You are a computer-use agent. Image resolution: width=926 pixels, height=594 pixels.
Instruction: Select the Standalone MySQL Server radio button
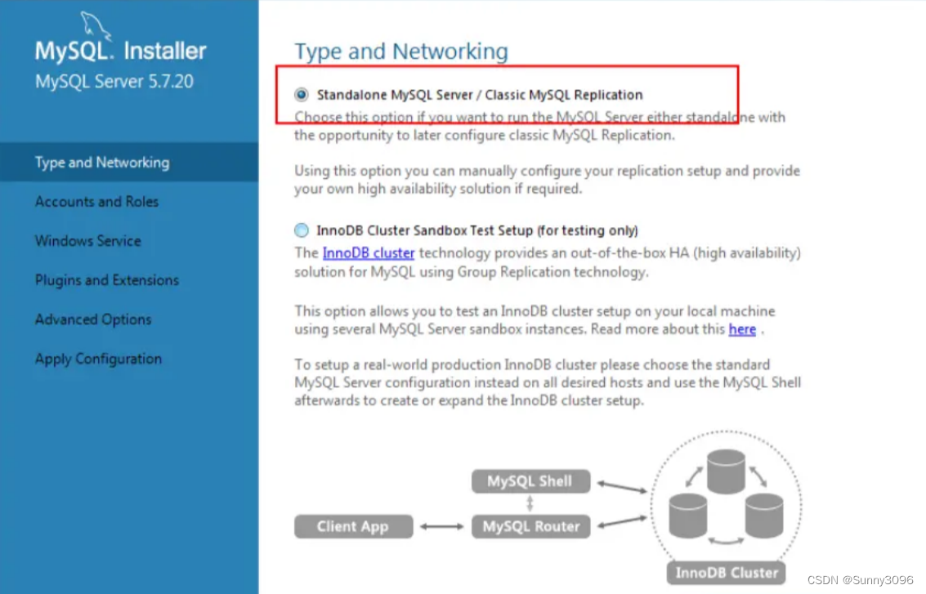click(x=302, y=95)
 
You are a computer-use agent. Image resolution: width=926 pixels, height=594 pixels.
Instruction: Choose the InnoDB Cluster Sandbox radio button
click(x=302, y=230)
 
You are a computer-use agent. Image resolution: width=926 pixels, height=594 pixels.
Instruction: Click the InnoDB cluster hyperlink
click(x=369, y=252)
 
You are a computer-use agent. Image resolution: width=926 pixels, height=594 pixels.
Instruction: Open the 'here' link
click(x=742, y=329)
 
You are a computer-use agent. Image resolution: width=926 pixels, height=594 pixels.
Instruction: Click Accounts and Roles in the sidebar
click(x=97, y=201)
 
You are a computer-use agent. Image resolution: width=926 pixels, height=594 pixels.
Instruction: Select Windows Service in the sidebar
click(x=88, y=241)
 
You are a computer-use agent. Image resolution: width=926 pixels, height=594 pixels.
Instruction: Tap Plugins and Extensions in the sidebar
click(x=107, y=280)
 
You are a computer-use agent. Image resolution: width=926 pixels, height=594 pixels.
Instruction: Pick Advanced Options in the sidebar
click(x=93, y=319)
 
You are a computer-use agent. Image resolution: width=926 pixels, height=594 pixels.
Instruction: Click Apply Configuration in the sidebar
click(x=98, y=359)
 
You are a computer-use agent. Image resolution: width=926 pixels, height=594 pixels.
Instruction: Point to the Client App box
click(x=353, y=526)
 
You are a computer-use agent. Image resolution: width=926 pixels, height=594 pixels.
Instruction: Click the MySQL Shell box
click(x=530, y=481)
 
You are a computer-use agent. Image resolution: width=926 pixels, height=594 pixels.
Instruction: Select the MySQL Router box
click(x=530, y=526)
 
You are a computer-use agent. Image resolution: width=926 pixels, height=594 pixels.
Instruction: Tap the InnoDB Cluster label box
click(x=727, y=573)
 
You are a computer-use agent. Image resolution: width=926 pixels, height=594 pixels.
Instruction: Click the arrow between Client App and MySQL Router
click(x=441, y=526)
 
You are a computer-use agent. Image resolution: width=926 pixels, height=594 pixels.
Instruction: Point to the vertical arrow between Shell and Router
click(x=530, y=503)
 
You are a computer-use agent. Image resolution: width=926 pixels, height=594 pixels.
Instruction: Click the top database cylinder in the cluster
click(x=726, y=471)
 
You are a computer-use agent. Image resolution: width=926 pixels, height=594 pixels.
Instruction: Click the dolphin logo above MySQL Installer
click(x=95, y=26)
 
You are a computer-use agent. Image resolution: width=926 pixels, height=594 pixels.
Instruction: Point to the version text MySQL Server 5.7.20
click(x=114, y=82)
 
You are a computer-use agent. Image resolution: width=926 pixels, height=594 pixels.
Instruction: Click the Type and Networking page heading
click(x=401, y=51)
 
